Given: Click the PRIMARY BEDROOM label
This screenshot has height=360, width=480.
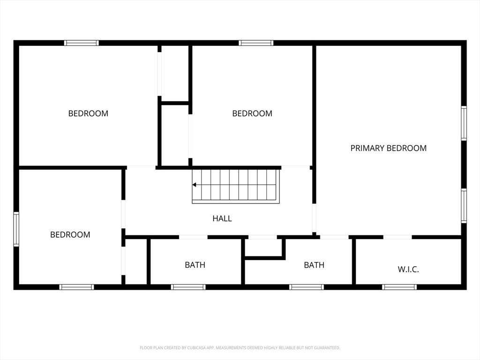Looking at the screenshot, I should (x=388, y=148).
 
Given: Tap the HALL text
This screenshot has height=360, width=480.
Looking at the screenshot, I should (x=222, y=218).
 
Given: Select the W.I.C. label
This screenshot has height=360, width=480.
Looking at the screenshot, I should (x=408, y=270).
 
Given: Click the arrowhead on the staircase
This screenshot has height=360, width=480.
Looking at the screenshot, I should (x=194, y=185).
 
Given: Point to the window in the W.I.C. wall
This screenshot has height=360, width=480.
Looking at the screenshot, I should (x=399, y=287).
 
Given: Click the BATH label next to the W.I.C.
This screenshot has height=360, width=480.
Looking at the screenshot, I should (x=314, y=265).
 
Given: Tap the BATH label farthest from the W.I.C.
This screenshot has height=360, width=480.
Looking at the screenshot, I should (x=195, y=265).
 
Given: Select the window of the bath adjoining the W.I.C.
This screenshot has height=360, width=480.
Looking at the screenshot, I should (x=307, y=287).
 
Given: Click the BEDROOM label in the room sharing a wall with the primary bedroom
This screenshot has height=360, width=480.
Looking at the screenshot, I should (x=252, y=113).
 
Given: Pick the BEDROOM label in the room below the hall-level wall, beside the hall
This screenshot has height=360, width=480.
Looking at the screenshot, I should (x=70, y=235).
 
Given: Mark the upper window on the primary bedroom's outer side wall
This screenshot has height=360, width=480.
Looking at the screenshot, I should (x=464, y=123).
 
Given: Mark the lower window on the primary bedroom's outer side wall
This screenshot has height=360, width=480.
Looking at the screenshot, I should (x=464, y=205).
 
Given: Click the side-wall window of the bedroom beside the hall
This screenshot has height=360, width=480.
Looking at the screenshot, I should (x=16, y=229).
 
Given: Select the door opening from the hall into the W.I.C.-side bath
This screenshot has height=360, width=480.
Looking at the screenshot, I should (x=262, y=237).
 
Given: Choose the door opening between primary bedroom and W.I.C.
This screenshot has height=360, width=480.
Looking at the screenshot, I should (x=397, y=237).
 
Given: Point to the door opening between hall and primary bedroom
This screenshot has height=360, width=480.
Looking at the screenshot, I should (x=314, y=218).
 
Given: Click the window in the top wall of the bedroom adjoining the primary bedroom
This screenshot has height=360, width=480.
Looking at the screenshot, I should (x=256, y=43).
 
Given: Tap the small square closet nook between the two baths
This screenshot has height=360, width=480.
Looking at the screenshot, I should (x=263, y=247).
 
